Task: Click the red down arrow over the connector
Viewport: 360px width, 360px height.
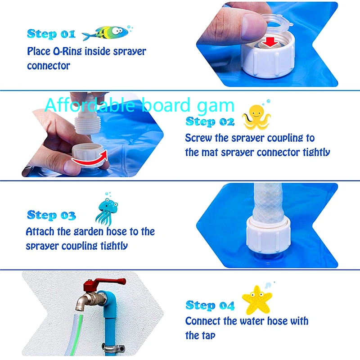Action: (270, 42)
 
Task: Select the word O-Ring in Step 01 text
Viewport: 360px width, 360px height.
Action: (75, 51)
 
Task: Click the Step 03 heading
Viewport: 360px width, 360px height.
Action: (51, 215)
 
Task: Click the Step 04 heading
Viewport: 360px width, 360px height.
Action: (210, 306)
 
